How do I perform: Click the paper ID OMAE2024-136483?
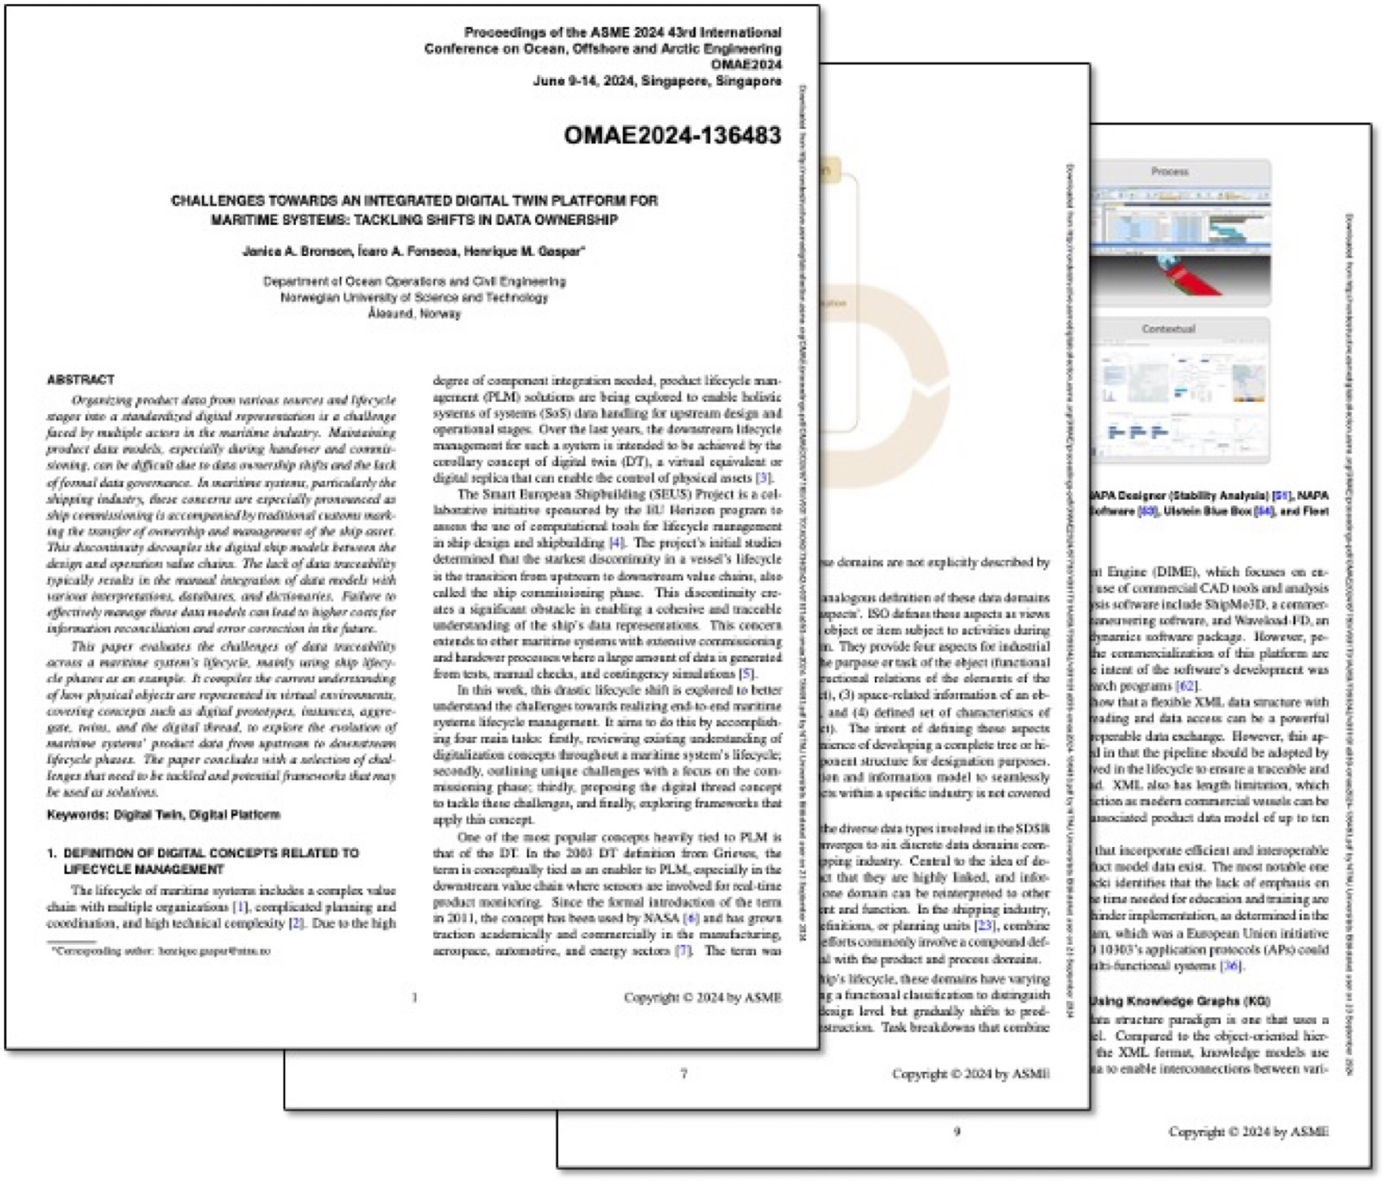pos(672,135)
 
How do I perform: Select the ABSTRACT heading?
pos(81,379)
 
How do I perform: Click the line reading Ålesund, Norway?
pos(414,314)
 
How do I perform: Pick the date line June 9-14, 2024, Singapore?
pos(657,81)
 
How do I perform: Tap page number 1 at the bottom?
pos(415,997)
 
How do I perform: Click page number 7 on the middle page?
pos(684,1074)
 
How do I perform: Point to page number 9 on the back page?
pos(956,1131)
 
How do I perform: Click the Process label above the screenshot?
pos(1170,172)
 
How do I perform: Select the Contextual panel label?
pos(1168,329)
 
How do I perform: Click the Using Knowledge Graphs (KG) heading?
pos(1180,1001)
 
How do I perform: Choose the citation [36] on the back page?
pos(1230,966)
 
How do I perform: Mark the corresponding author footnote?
pos(160,951)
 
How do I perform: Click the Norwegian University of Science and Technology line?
pos(414,298)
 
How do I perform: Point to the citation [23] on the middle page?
pos(984,926)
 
